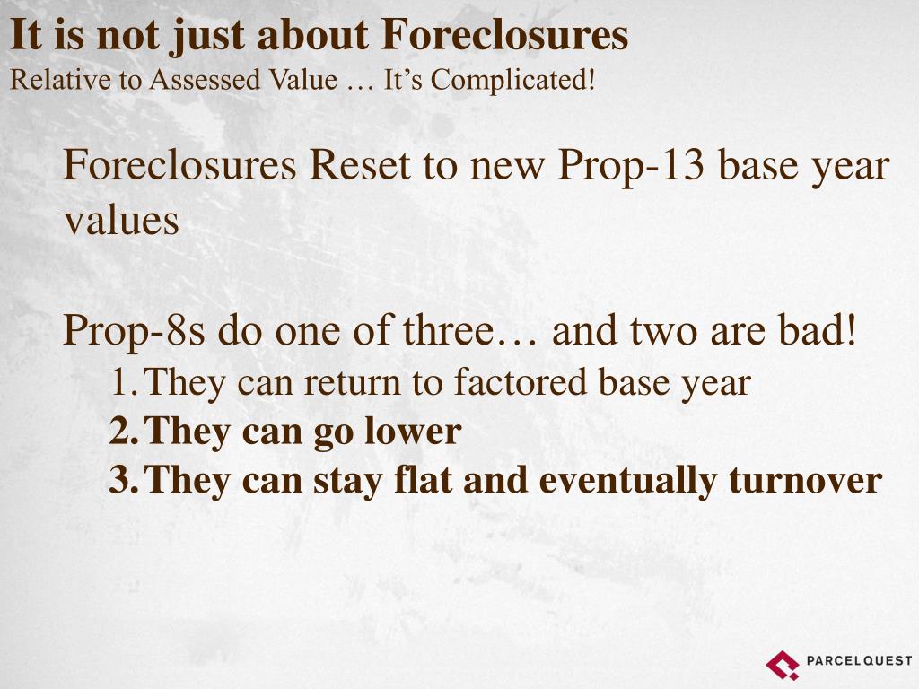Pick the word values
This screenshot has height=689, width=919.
(121, 221)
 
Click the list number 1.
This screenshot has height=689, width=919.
(120, 383)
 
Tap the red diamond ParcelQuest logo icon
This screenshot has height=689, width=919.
(782, 664)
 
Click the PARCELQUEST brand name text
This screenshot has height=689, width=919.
(859, 661)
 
